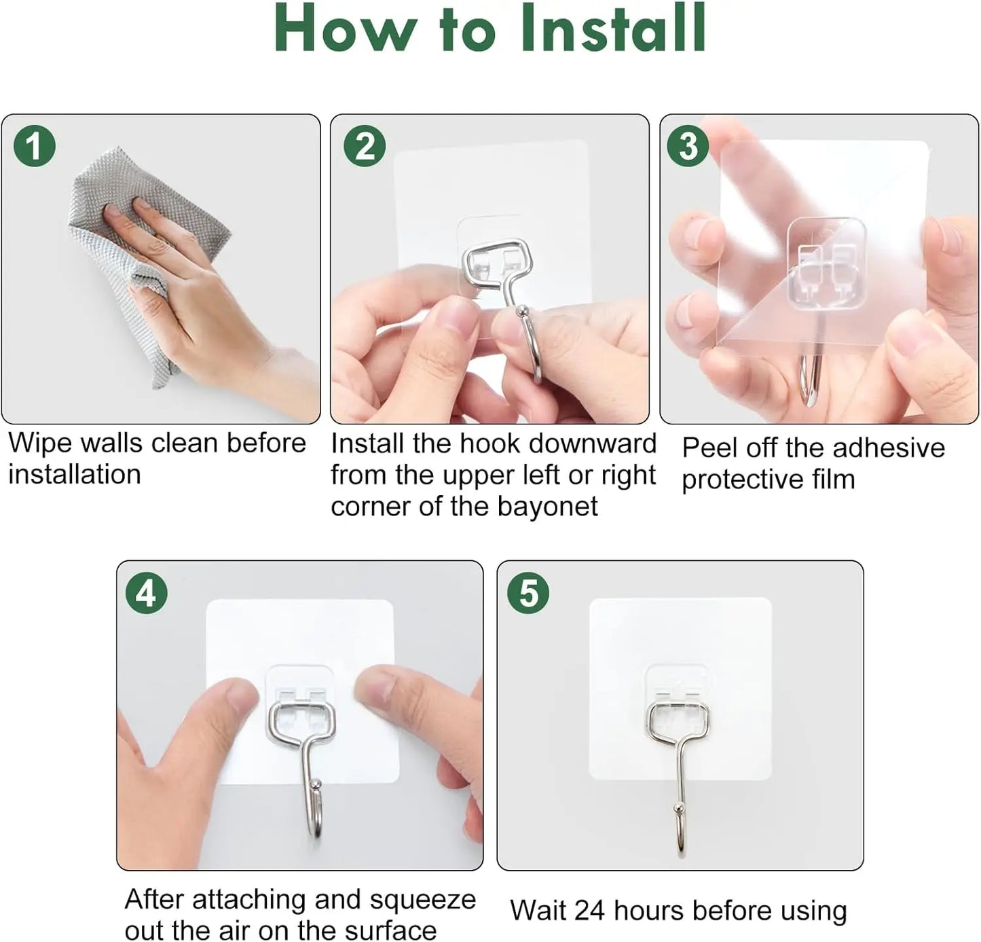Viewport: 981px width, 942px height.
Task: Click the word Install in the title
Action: click(613, 30)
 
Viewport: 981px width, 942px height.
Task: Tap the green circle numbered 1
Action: click(34, 146)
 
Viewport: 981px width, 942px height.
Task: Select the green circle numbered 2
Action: click(365, 146)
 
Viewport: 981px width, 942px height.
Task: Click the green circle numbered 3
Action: click(688, 146)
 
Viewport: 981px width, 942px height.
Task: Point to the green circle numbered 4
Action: click(147, 594)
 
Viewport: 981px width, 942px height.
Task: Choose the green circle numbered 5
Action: click(528, 594)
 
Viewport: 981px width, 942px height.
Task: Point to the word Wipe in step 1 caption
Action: click(39, 443)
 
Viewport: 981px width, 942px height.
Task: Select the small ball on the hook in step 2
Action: click(521, 312)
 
